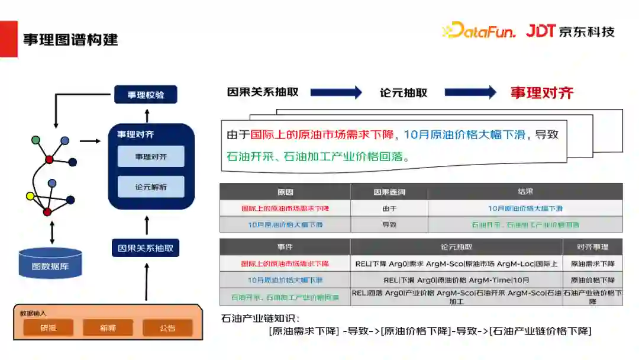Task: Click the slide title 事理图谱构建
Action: click(70, 40)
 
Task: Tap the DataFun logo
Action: click(480, 30)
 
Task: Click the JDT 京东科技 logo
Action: click(570, 31)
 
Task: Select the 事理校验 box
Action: click(146, 95)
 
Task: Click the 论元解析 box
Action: click(151, 187)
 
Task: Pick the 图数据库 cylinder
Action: click(50, 263)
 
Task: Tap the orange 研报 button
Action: click(49, 327)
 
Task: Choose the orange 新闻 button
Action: click(108, 327)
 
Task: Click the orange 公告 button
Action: click(167, 327)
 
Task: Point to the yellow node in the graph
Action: click(30, 196)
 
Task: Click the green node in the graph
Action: click(35, 140)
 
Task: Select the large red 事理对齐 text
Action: click(542, 92)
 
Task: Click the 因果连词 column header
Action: click(389, 192)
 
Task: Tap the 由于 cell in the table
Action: click(389, 208)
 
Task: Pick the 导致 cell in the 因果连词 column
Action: click(389, 224)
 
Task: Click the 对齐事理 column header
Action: click(592, 247)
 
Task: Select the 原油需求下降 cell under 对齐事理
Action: click(592, 263)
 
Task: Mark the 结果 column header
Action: click(525, 192)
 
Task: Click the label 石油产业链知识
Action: click(260, 318)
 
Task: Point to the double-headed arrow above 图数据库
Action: click(52, 232)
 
